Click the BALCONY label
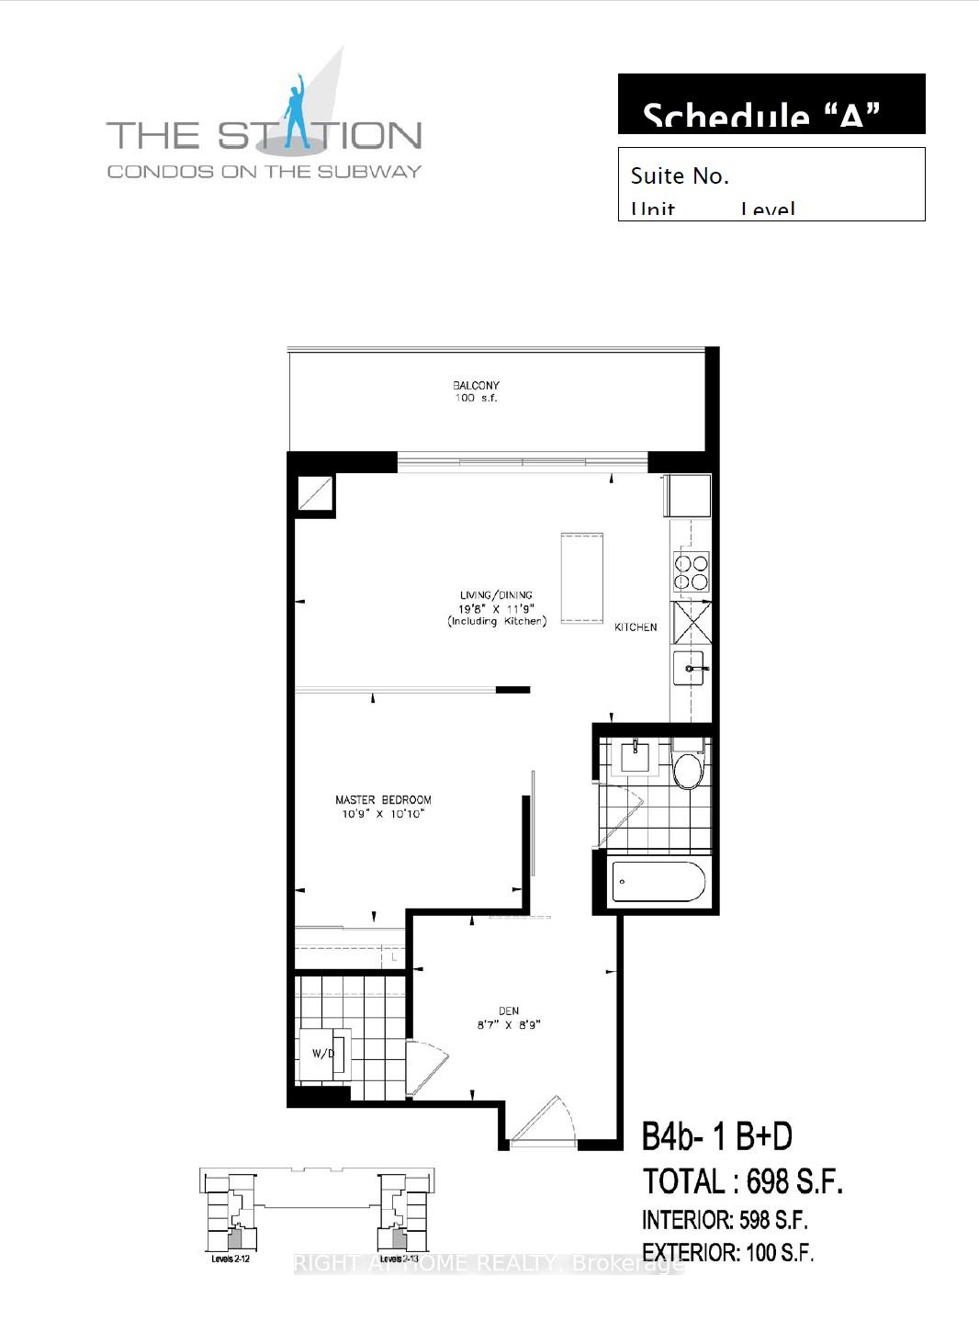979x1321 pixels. (476, 386)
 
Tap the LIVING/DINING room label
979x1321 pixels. (496, 595)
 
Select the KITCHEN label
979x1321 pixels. (636, 627)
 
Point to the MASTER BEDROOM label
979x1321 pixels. (383, 800)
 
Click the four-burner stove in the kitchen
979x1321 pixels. (692, 571)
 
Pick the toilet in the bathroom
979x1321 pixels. (687, 770)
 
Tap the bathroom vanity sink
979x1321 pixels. (635, 758)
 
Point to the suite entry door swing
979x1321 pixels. (544, 1121)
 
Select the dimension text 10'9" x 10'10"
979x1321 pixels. (383, 815)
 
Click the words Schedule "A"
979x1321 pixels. (761, 117)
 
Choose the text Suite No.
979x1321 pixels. (680, 176)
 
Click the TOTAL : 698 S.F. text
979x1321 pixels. (742, 1181)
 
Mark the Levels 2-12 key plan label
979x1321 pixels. (231, 1259)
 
